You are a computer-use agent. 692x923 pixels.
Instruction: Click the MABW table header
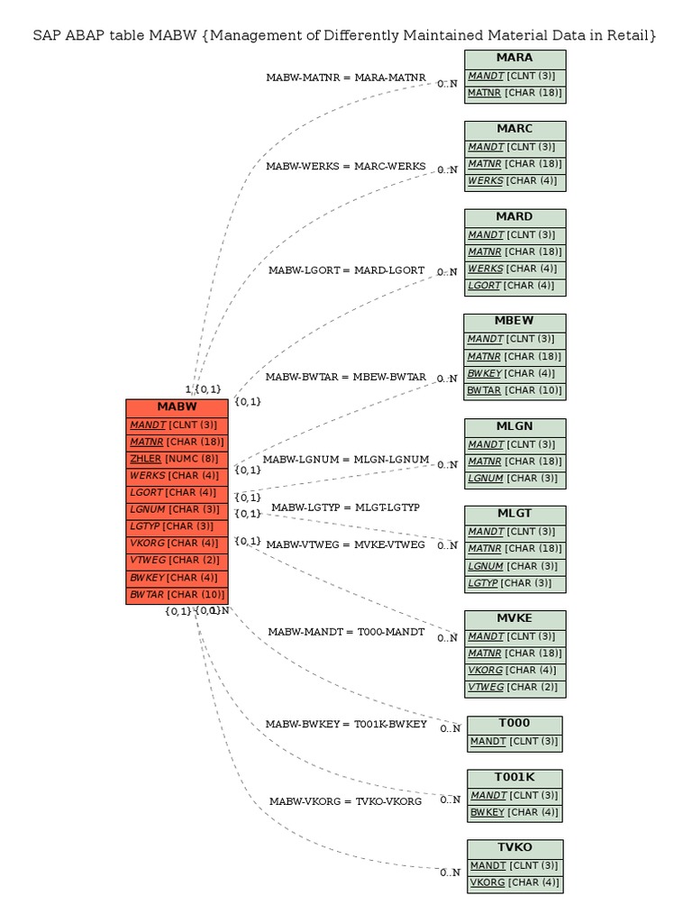[177, 407]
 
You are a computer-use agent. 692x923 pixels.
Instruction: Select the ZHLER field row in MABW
[177, 459]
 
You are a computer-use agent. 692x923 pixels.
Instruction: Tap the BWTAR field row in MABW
[177, 595]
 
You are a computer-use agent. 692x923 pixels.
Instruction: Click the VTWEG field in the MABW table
[177, 561]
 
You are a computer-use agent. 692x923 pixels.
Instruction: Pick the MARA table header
[514, 59]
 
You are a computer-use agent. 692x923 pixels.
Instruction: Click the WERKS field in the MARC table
[514, 181]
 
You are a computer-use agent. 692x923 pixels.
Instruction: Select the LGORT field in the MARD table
[514, 287]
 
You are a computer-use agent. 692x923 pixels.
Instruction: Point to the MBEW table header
[514, 322]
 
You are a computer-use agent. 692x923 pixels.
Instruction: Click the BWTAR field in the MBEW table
[514, 391]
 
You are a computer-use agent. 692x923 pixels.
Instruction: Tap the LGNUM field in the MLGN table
[514, 479]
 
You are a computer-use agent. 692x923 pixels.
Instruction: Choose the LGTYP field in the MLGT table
[514, 583]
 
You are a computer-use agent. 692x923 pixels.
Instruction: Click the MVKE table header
[514, 619]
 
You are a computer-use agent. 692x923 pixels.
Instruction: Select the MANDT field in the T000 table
[514, 742]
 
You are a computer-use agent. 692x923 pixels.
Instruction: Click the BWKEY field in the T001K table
[514, 812]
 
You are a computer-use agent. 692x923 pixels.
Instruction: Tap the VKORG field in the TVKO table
[514, 882]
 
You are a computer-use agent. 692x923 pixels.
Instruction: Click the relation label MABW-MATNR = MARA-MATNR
[346, 78]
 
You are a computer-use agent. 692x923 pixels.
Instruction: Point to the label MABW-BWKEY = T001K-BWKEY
[346, 725]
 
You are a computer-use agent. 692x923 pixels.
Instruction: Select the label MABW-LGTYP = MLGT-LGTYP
[345, 508]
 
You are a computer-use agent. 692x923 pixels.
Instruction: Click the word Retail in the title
[624, 36]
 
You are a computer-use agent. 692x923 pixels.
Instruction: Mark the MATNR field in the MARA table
[514, 93]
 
